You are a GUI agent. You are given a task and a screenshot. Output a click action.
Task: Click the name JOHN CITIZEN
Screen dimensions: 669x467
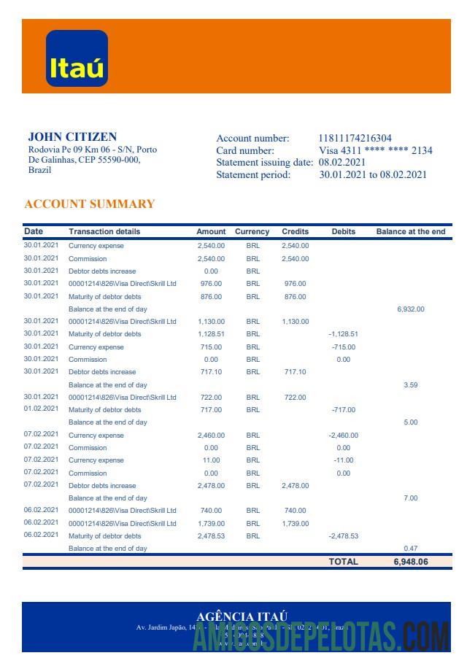click(x=72, y=136)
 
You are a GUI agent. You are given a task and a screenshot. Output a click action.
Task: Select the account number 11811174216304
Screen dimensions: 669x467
click(x=355, y=139)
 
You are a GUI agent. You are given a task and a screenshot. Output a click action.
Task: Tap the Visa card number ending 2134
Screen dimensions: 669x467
click(x=376, y=150)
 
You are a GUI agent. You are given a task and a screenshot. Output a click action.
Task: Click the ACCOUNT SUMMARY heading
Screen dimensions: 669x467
click(x=89, y=204)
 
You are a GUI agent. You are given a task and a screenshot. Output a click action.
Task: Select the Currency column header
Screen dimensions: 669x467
click(x=252, y=232)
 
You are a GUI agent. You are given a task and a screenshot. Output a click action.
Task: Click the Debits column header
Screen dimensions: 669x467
click(x=343, y=232)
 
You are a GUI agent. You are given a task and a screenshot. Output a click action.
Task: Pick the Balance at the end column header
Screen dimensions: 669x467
click(x=410, y=232)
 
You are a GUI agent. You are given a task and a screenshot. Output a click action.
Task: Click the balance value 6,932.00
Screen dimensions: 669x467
click(x=410, y=309)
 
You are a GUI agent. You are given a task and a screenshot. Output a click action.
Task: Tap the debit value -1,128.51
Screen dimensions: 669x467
click(x=343, y=334)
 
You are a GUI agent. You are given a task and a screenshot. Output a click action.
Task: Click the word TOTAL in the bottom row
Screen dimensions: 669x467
click(x=343, y=562)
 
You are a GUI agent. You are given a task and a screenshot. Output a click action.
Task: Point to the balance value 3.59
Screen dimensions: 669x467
click(x=410, y=385)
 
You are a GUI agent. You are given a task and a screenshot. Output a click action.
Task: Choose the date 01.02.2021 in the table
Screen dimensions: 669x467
click(x=41, y=409)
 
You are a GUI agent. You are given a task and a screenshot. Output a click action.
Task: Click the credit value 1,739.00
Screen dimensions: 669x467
click(x=295, y=524)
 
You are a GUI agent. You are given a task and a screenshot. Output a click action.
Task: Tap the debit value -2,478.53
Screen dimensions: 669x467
click(x=343, y=536)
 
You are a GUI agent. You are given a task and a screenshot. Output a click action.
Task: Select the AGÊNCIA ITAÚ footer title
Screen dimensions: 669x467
click(x=242, y=617)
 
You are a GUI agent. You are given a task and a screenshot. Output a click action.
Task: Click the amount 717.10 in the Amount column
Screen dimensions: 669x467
click(x=211, y=372)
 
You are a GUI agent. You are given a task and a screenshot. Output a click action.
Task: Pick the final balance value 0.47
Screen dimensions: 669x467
click(x=410, y=549)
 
